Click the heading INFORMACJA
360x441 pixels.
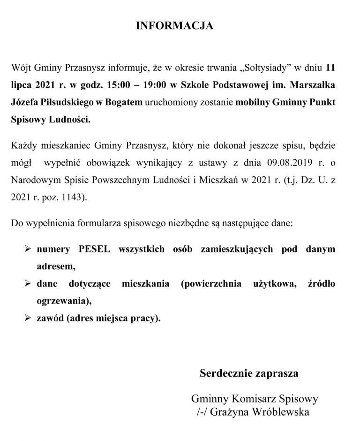coord(174,26)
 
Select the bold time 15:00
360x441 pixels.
coord(123,86)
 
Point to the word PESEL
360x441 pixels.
coord(94,249)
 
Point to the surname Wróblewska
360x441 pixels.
coord(280,412)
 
